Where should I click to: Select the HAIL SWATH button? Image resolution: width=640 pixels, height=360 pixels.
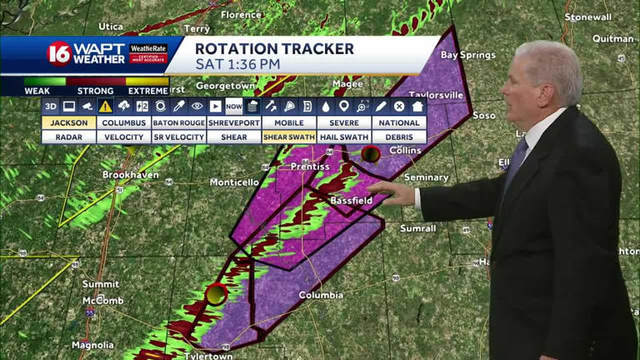click(344, 137)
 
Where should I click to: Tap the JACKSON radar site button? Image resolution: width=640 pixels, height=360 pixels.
click(68, 122)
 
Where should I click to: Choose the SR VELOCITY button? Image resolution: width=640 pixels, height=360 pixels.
click(178, 137)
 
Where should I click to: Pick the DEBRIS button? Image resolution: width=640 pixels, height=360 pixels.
click(399, 137)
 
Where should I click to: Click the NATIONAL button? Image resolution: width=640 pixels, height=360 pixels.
click(399, 122)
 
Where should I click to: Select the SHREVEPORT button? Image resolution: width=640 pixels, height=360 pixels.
click(234, 122)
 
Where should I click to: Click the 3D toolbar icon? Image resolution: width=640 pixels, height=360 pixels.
click(51, 106)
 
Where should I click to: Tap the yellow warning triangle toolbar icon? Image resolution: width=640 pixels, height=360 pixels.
click(105, 106)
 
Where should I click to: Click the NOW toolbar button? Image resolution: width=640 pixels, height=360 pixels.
click(233, 106)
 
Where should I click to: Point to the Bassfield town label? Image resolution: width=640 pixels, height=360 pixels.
click(350, 201)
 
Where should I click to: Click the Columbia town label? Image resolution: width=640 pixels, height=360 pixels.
click(321, 295)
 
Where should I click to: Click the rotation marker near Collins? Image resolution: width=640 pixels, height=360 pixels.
click(371, 153)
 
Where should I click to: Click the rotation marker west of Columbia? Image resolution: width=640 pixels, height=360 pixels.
click(217, 293)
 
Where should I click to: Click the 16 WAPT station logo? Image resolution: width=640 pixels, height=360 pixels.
click(58, 53)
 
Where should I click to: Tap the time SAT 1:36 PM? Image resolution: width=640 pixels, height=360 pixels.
click(238, 63)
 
